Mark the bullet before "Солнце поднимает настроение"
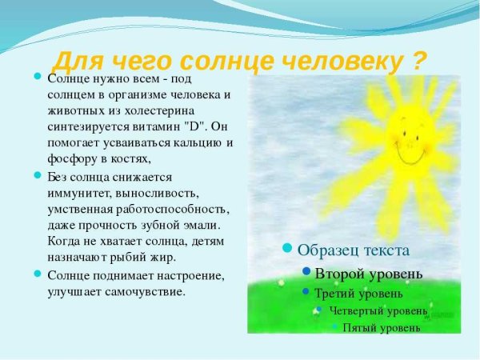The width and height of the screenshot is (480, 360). (x=38, y=274)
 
